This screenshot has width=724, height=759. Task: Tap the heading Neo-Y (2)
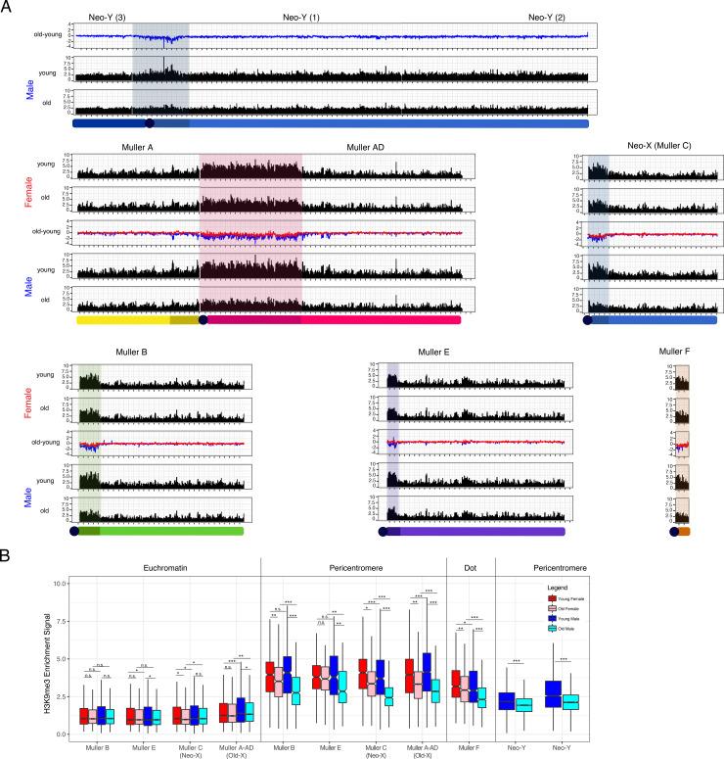(x=554, y=18)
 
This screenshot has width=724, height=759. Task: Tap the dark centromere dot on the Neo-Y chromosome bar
(x=149, y=123)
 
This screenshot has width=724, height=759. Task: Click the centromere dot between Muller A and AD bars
(x=203, y=319)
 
